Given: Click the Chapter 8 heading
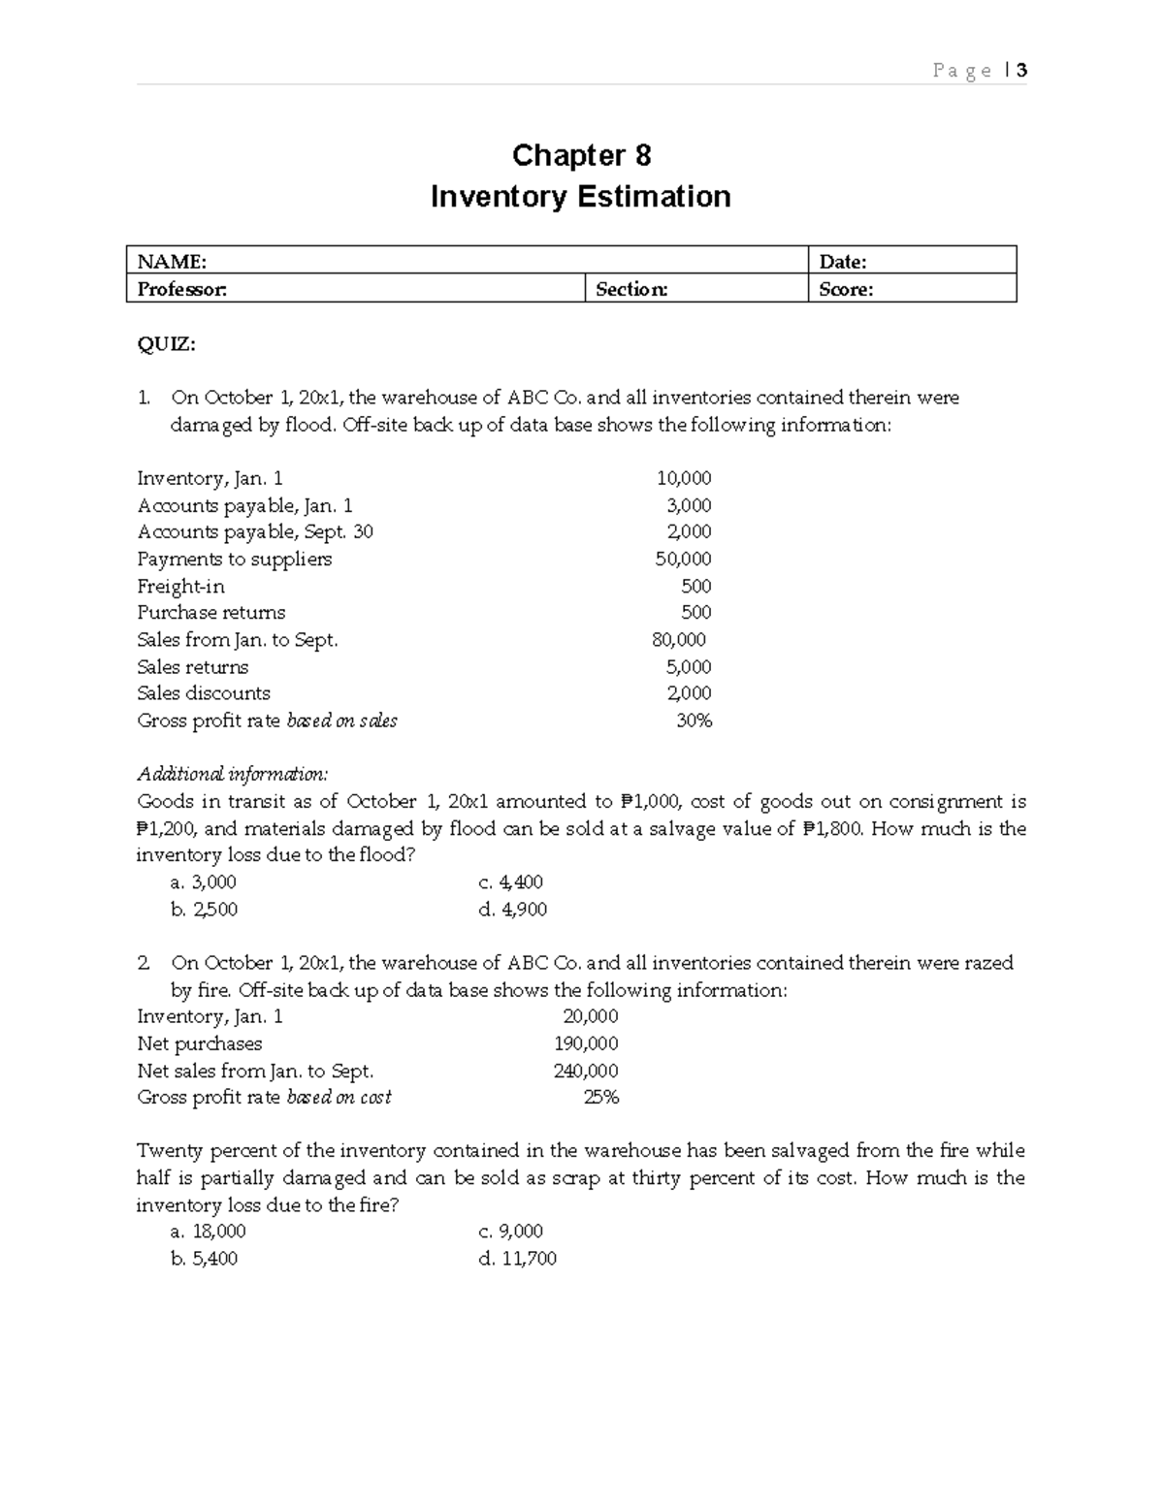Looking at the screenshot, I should pos(581,155).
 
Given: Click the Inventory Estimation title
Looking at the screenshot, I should pos(580,197).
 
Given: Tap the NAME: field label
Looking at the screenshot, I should pos(172,261).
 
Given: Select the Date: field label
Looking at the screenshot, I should pos(842,261).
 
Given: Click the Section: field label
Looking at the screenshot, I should pos(631,289).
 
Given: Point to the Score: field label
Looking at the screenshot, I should pos(846,289).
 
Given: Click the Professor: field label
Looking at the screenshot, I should pos(182,289).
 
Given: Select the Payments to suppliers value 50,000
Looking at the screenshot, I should pos(683,559).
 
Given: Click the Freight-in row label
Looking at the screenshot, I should pos(180,586).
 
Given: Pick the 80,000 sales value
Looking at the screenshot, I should pos(679,640).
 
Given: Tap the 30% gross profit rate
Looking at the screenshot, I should pos(694,721).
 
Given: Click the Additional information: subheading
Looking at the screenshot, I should pos(233,774).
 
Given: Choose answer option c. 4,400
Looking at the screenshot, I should pos(510,882).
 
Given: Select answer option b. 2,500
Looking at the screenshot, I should pos(204,910).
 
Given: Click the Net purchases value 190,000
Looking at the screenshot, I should pos(586,1043).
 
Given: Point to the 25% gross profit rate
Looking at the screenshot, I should pos(600,1098).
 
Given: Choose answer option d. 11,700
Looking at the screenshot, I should pos(517,1259).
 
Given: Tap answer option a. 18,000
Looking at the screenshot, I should pos(208,1232).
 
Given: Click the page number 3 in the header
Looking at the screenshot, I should pos(1021,70).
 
